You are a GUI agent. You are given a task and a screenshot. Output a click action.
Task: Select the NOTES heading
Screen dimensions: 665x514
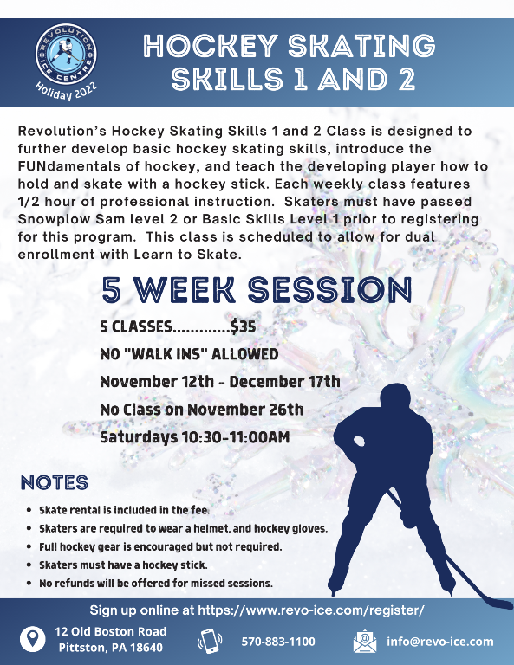pos(54,482)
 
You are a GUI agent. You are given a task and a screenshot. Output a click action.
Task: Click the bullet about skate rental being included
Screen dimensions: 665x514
pos(124,510)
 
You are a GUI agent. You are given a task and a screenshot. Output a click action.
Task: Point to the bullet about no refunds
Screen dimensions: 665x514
pos(155,583)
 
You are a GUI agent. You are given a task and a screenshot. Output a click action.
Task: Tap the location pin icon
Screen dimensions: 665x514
pos(32,641)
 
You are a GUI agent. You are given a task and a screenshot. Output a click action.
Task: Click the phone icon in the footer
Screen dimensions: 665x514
pos(211,642)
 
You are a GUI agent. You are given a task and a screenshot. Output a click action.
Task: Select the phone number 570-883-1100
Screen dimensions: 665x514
pos(278,642)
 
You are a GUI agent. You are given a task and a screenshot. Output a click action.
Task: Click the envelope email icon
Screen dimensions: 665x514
pos(365,642)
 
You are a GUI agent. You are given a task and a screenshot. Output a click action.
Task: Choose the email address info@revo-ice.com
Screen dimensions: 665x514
pos(439,642)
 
